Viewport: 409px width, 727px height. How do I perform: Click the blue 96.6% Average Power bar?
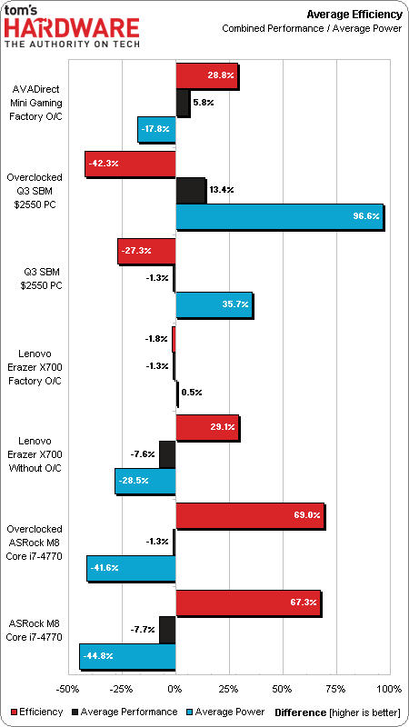coord(280,216)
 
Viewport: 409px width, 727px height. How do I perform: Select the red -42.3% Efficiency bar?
coord(130,164)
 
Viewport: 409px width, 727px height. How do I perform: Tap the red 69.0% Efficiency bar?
coord(250,515)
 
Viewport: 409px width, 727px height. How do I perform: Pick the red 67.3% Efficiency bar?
coord(248,603)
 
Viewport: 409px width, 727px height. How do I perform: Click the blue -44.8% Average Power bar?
coord(127,656)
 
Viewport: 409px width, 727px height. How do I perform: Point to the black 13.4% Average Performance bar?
coord(190,190)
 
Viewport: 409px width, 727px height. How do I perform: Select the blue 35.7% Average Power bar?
coord(214,304)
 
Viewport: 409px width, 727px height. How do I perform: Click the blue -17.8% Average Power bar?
coord(156,129)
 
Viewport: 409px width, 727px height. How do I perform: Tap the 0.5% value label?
coord(191,393)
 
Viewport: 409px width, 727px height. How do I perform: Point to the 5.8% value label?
coord(203,103)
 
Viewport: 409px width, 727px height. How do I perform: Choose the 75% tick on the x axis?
coord(335,689)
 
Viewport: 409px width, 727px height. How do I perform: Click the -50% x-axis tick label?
coord(67,689)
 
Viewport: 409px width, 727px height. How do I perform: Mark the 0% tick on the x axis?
coord(175,689)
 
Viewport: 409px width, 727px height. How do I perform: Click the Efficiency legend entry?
coord(36,712)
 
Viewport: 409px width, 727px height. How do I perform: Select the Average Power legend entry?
coord(225,712)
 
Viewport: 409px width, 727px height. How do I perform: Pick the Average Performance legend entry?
coord(125,712)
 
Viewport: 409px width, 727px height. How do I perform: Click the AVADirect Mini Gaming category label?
coord(35,96)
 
